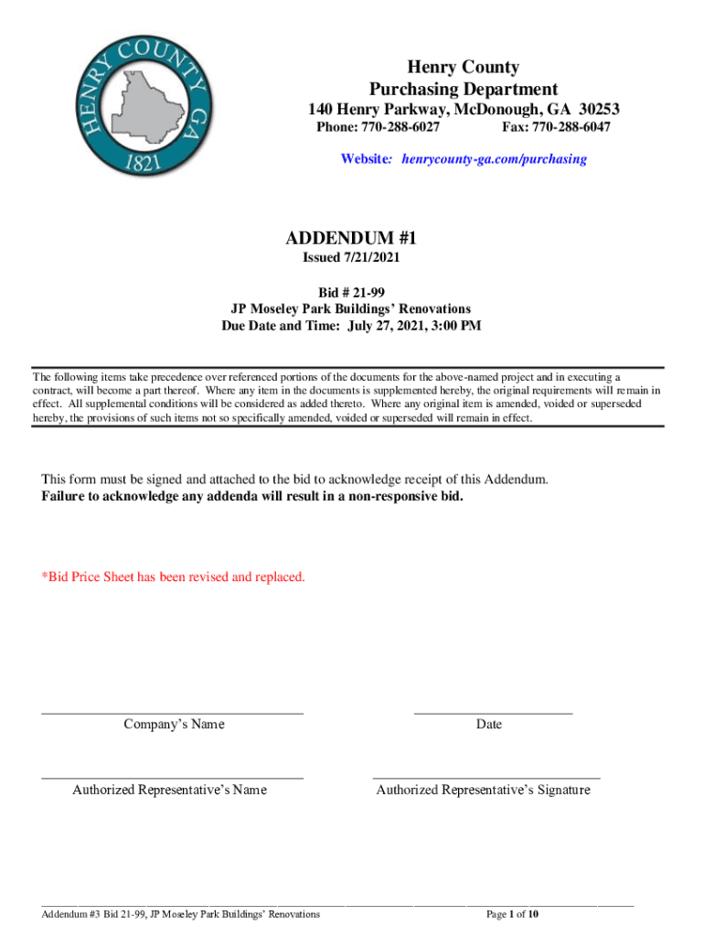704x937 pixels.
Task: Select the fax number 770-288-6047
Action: coord(571,127)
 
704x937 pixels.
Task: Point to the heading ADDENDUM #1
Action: coord(351,238)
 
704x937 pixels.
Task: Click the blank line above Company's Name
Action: coord(173,712)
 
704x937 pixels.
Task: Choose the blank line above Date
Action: coord(494,712)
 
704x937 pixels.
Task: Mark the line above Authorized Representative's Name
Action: coord(173,778)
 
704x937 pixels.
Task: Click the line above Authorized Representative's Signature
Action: coord(486,778)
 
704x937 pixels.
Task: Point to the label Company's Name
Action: coord(174,725)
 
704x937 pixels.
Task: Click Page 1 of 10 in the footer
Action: coord(512,914)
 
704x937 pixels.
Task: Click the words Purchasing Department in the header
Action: coord(464,89)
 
